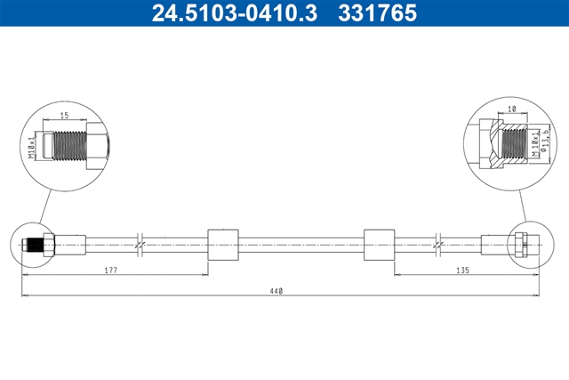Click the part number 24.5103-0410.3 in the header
(235, 12)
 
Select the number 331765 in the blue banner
(377, 12)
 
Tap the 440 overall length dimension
(276, 291)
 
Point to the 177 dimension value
(111, 271)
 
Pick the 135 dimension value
(462, 271)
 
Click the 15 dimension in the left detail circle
(64, 116)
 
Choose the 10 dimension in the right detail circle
(512, 109)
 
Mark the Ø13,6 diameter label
(543, 140)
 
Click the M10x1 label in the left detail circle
(32, 146)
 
